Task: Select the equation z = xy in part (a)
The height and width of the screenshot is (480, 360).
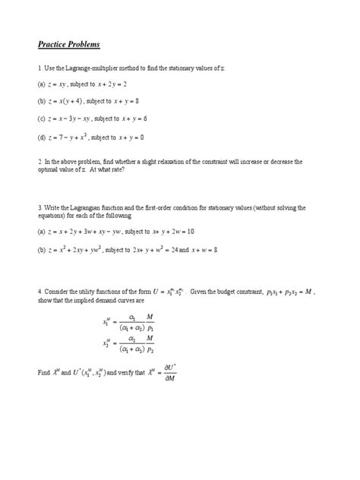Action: [x=64, y=85]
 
